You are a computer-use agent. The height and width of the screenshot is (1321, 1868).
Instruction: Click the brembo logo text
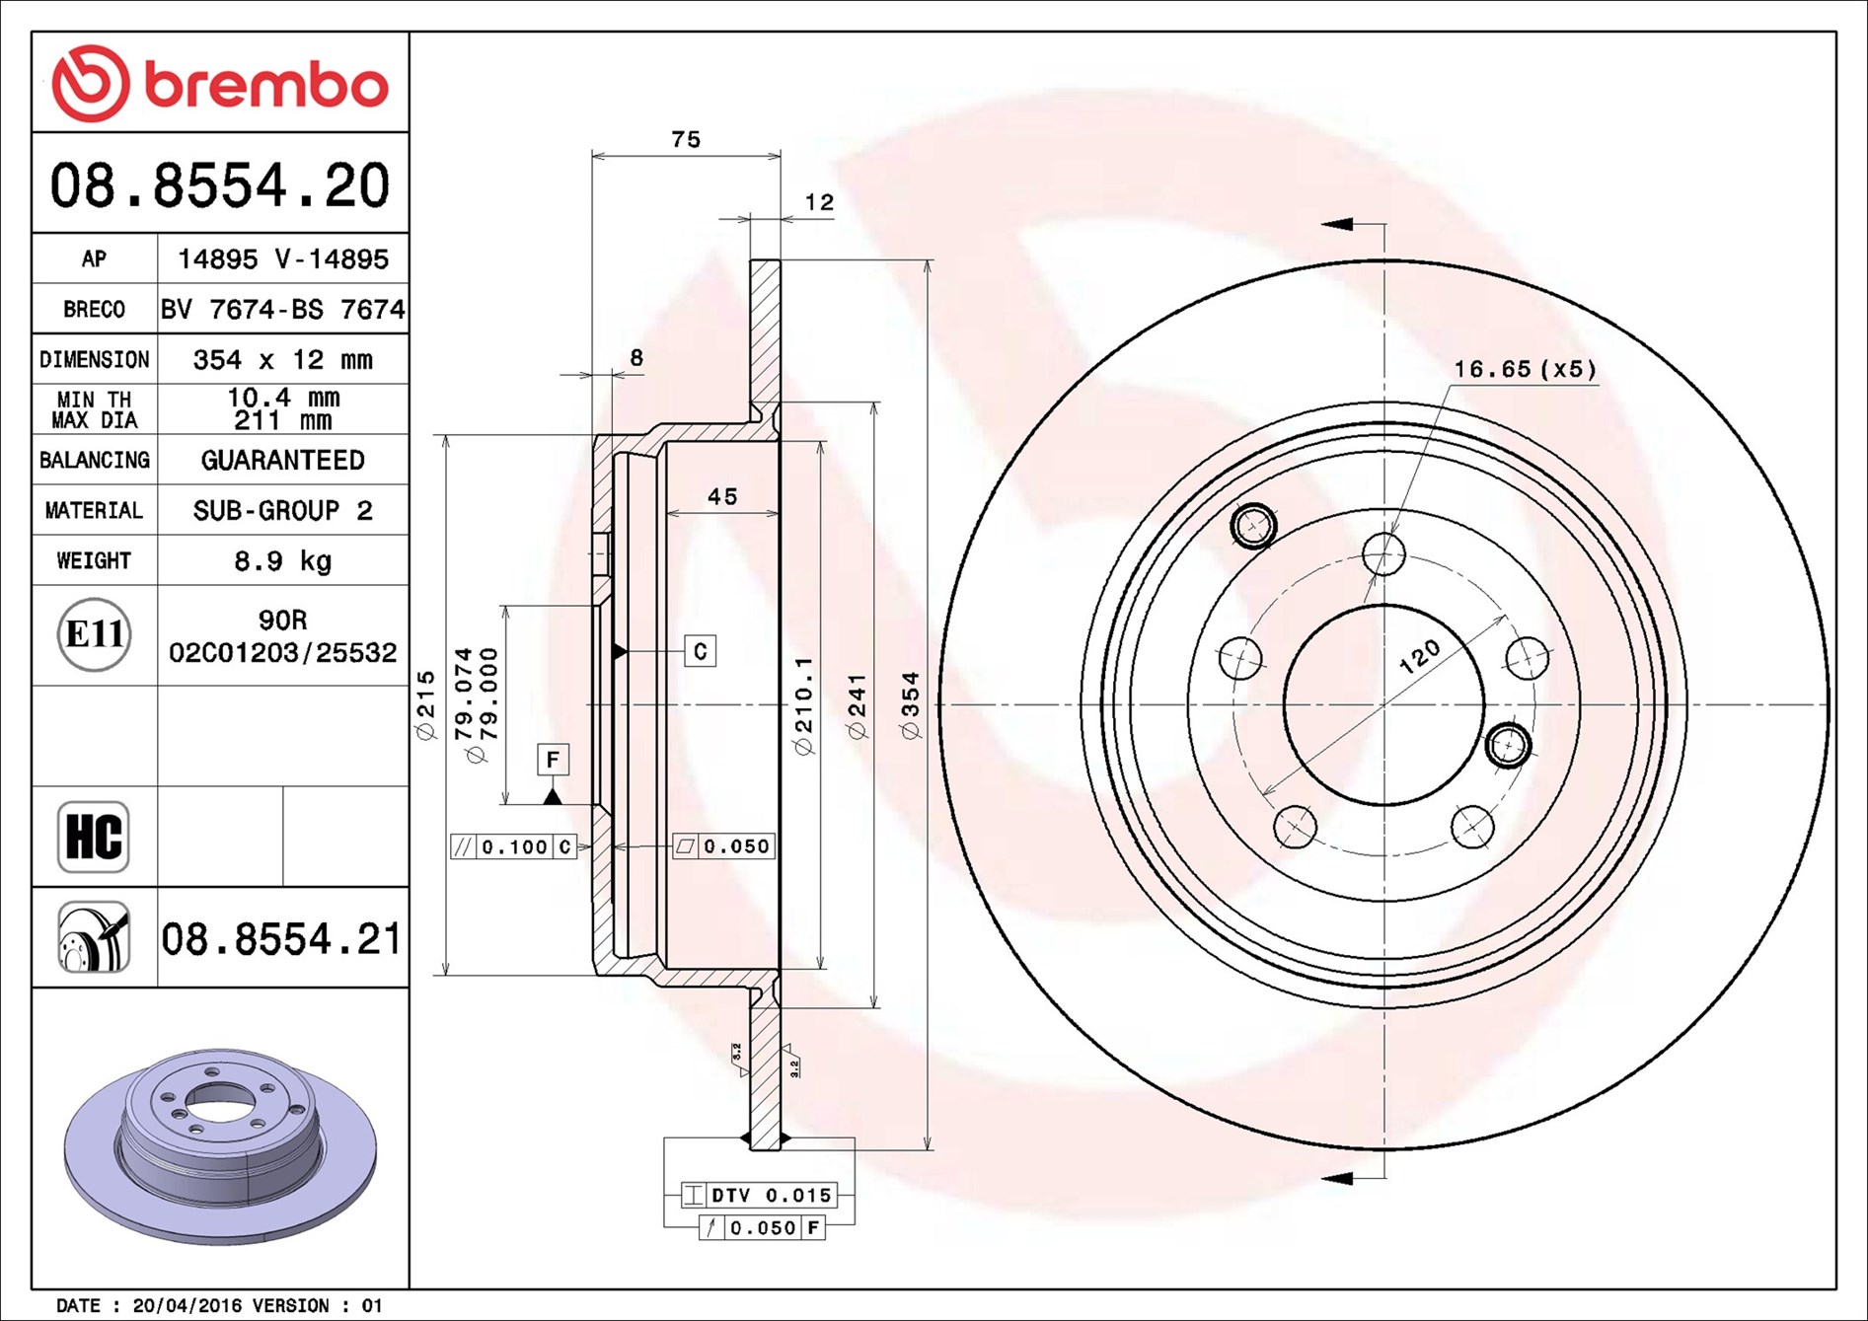click(x=266, y=85)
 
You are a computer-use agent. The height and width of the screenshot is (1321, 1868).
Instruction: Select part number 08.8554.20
click(x=220, y=185)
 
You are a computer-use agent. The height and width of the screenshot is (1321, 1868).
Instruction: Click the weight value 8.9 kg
click(x=282, y=561)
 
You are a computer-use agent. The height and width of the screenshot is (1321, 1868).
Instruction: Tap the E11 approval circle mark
click(x=95, y=634)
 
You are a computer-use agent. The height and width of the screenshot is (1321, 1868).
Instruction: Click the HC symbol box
click(x=94, y=837)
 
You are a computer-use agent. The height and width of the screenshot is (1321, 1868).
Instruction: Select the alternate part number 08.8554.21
click(x=281, y=939)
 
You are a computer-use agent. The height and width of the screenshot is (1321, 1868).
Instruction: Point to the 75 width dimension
click(x=686, y=139)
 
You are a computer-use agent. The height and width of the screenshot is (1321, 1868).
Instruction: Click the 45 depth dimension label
click(x=722, y=497)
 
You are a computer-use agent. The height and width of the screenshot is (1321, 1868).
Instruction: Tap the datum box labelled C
click(x=700, y=651)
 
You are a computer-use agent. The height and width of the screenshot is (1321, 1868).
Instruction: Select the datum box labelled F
click(x=553, y=759)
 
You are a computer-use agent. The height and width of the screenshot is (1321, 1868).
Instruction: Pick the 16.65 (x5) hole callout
click(x=1525, y=369)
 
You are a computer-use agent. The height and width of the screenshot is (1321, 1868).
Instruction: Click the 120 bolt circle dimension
click(x=1419, y=656)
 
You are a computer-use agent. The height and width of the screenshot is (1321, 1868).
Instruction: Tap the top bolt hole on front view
click(x=1383, y=554)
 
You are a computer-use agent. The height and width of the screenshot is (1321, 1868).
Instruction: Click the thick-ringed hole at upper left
click(x=1253, y=524)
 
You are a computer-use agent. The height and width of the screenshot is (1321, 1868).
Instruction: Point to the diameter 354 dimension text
click(x=910, y=704)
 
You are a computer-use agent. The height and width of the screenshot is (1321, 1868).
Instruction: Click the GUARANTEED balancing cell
click(x=282, y=460)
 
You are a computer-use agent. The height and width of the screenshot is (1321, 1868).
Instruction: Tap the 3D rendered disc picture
click(x=220, y=1144)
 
